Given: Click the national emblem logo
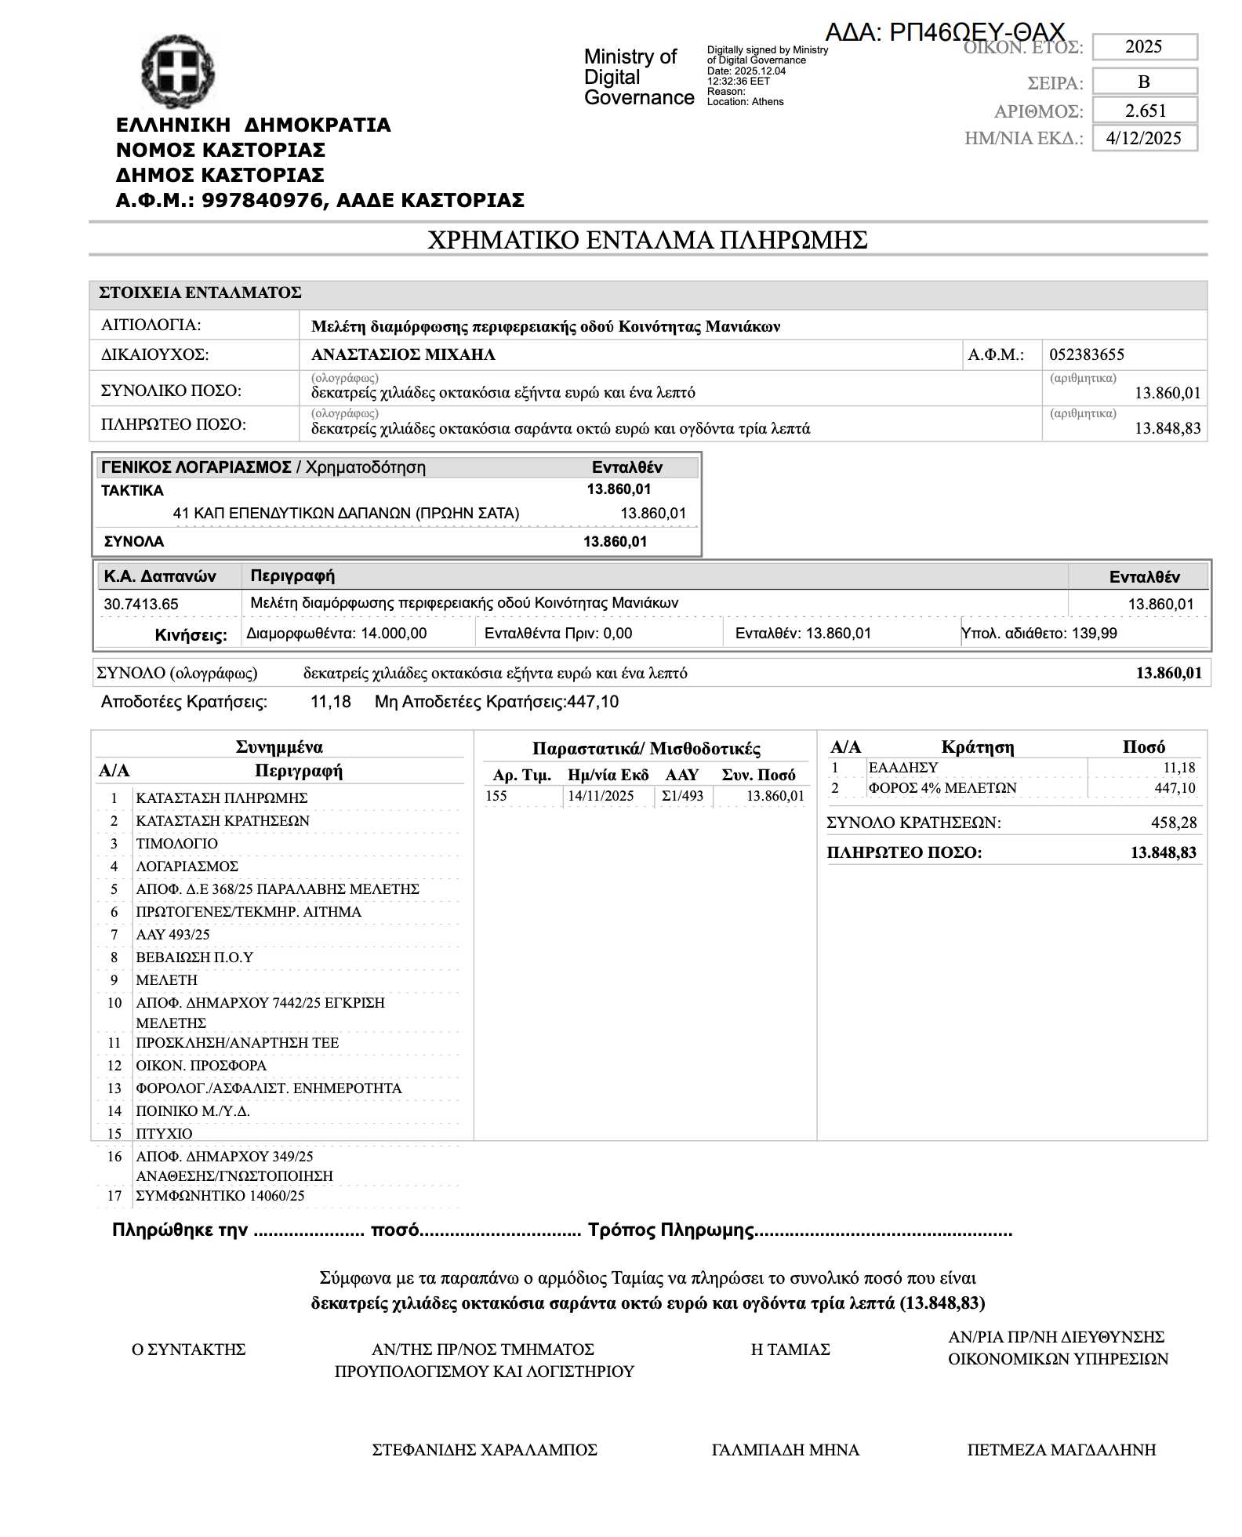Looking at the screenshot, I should [178, 71].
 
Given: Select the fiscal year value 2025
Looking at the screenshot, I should [1143, 46].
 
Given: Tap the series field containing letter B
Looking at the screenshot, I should [1143, 82].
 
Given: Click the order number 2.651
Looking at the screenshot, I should [1145, 111].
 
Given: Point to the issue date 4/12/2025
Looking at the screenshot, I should [1143, 138].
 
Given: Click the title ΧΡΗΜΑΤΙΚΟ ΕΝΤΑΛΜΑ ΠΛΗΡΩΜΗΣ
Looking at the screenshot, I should [647, 239].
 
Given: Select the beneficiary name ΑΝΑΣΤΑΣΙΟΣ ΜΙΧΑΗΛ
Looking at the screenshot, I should [403, 354].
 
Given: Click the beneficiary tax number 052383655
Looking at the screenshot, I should [1087, 354].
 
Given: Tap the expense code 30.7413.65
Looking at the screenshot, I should [141, 604].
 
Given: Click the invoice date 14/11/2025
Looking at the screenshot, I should [601, 796].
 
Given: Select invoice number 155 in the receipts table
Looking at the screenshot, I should [496, 796].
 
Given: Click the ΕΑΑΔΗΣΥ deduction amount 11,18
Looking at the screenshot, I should [1178, 768].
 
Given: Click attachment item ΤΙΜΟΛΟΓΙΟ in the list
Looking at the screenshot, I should [177, 843].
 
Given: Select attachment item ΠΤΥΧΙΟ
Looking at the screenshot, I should [164, 1133].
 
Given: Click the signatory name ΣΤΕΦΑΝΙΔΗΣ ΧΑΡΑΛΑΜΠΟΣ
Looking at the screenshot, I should [485, 1450].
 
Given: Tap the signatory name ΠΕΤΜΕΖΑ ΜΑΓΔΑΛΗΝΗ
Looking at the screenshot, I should [1061, 1450].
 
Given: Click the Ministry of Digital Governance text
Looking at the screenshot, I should [638, 77].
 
